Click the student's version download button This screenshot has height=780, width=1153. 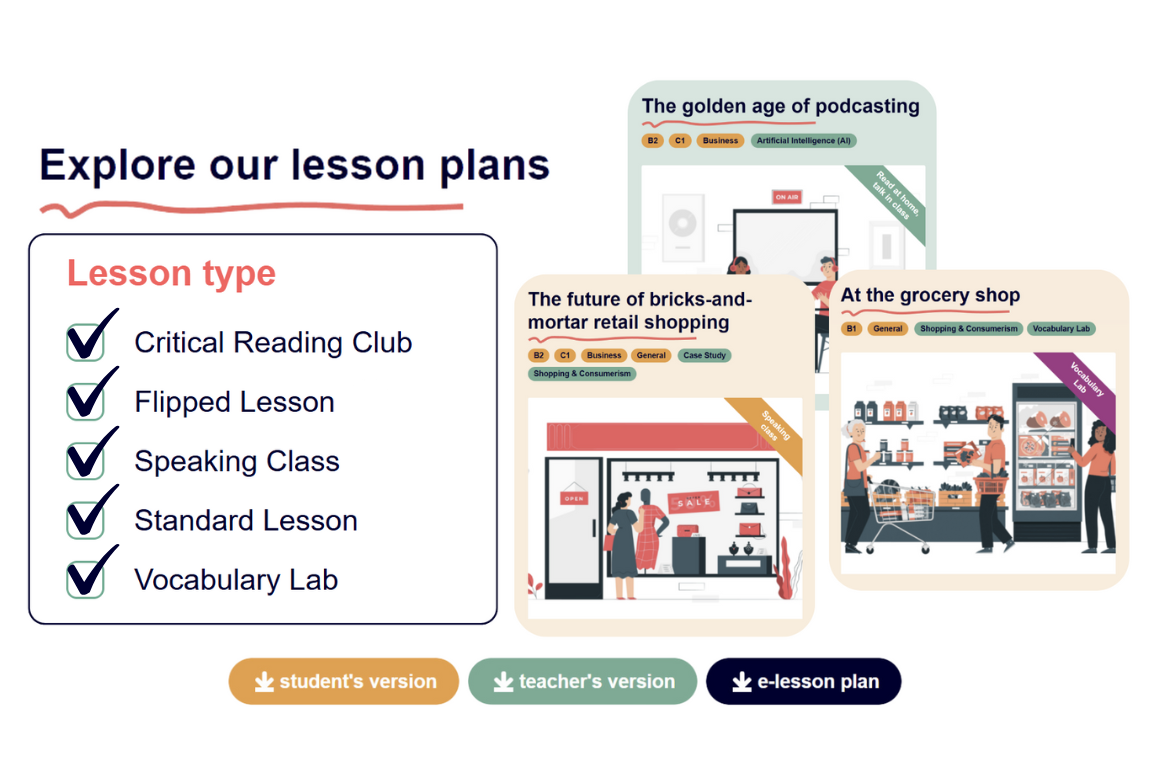[343, 681]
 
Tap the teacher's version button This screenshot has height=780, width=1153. [582, 681]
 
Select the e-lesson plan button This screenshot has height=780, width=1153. [804, 681]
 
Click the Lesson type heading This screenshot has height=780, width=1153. [171, 273]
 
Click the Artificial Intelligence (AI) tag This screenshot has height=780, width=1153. [804, 140]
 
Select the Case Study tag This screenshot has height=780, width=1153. [704, 355]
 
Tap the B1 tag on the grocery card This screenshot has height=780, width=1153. [852, 329]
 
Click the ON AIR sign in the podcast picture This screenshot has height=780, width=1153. [787, 197]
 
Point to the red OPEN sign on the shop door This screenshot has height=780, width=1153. [574, 498]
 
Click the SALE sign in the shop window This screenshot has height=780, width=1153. [693, 502]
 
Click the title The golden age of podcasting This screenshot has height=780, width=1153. [780, 107]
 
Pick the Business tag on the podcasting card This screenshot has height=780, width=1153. [720, 140]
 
